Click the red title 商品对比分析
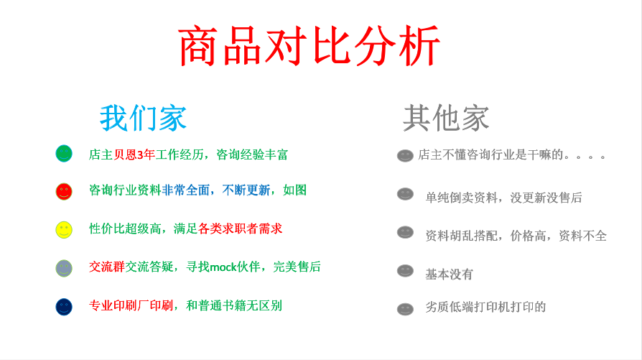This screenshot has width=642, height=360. [309, 45]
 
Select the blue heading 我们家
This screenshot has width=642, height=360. [144, 118]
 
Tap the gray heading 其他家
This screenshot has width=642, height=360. [446, 118]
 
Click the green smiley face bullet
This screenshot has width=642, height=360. [64, 154]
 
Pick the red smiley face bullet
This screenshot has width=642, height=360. [64, 191]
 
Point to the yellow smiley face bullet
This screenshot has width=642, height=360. [64, 230]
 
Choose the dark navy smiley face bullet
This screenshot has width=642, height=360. [64, 307]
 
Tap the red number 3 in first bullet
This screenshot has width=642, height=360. [140, 154]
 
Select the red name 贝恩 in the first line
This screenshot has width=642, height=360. [125, 154]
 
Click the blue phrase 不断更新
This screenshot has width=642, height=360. [246, 190]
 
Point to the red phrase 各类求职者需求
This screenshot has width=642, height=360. [241, 229]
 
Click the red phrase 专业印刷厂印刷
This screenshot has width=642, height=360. [131, 305]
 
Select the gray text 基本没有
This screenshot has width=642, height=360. [449, 274]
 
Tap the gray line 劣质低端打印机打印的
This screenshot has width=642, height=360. [485, 307]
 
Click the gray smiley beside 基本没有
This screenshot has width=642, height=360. [405, 271]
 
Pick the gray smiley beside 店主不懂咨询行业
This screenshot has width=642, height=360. [405, 155]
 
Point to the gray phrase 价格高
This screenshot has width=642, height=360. [528, 236]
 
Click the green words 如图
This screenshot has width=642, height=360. [295, 190]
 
